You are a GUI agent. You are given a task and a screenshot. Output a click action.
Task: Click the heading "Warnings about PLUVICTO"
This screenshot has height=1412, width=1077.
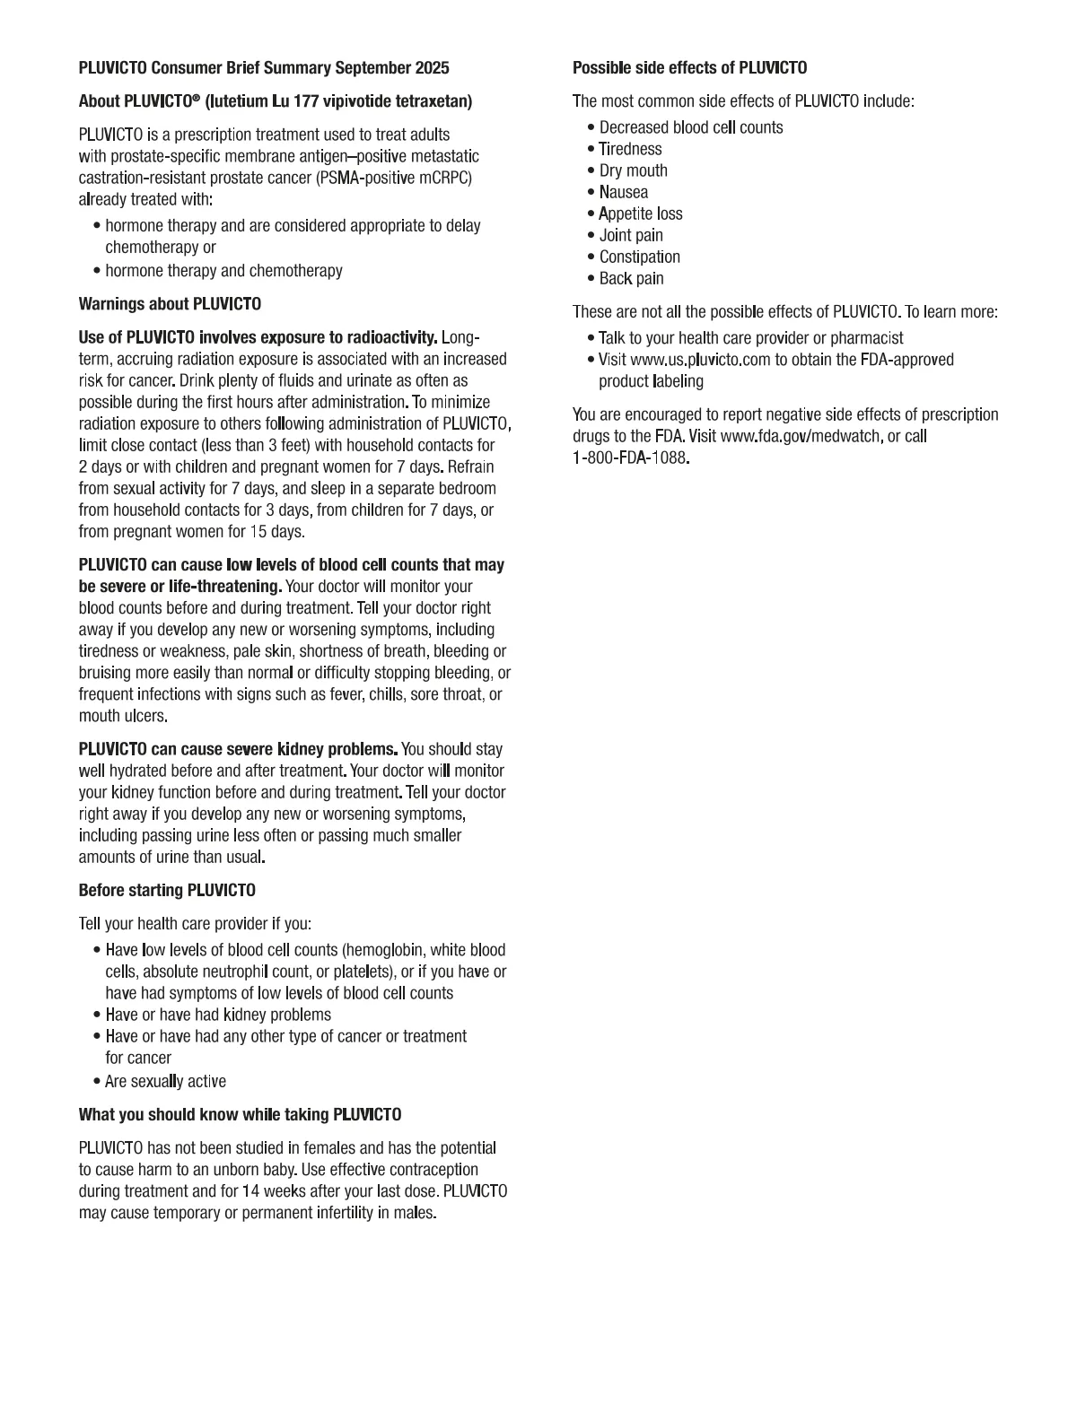coord(170,304)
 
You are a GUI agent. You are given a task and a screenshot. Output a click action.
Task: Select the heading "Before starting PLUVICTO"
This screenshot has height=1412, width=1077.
coord(167,891)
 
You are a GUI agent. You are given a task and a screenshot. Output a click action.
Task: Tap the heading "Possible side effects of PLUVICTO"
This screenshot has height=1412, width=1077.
coord(689,68)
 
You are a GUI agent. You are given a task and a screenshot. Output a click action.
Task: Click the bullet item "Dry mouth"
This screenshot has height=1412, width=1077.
coord(633,170)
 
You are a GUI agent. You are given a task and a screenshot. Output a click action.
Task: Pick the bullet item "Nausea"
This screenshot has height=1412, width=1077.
coord(623,192)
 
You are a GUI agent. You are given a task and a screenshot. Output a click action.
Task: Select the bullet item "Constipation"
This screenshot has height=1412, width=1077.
coord(639,257)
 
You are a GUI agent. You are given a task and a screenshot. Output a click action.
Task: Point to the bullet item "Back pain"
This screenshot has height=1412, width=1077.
coord(631,278)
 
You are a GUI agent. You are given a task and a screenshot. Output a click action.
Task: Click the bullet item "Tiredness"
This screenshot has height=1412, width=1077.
coord(630,149)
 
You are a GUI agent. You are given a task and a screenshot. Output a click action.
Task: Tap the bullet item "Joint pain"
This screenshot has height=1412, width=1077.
coord(631,235)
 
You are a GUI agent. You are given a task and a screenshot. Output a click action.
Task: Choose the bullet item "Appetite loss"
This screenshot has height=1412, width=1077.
coord(640,214)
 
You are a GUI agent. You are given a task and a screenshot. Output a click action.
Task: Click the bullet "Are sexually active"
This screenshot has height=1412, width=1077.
coord(165,1082)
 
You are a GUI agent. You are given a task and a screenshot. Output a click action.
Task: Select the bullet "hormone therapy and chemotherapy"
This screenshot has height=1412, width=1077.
coord(223,271)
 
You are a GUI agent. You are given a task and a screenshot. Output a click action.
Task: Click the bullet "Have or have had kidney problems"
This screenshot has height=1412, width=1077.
coord(218,1015)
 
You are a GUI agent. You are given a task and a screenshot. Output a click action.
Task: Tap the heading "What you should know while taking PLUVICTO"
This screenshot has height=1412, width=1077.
coord(240,1115)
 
